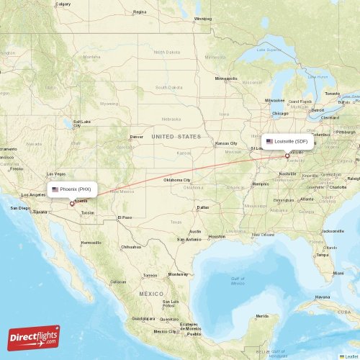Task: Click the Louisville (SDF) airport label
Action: pyautogui.click(x=287, y=141)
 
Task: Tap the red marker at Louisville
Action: pyautogui.click(x=287, y=156)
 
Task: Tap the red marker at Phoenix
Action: pyautogui.click(x=72, y=204)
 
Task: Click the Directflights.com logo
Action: pyautogui.click(x=34, y=337)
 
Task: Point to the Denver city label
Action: pyautogui.click(x=136, y=137)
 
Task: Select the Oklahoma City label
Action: pyautogui.click(x=177, y=179)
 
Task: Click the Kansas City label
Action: pyautogui.click(x=226, y=143)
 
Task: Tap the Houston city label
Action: pyautogui.click(x=216, y=236)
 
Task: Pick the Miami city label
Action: pyautogui.click(x=337, y=274)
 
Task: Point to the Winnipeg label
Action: pyautogui.click(x=203, y=19)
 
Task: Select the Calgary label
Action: pyautogui.click(x=63, y=4)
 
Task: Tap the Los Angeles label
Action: pyautogui.click(x=33, y=195)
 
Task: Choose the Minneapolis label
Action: pyautogui.click(x=225, y=78)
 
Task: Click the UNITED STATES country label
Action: pyautogui.click(x=176, y=136)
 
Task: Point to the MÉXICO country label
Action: pyautogui.click(x=152, y=294)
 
